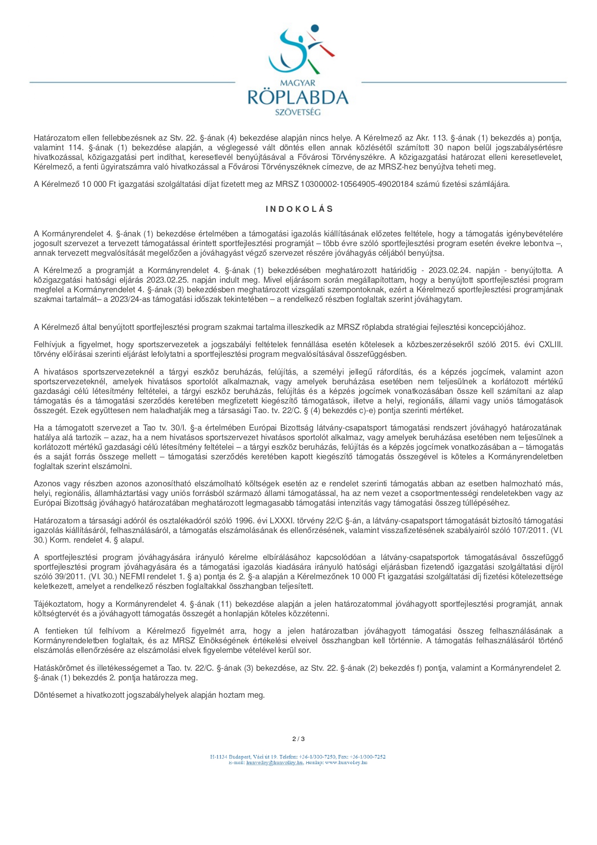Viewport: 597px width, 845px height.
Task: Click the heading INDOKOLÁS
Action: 299,209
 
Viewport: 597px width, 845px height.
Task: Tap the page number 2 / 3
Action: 298,739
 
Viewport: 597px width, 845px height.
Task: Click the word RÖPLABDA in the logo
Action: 298,98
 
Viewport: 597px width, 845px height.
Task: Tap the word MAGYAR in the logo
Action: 298,83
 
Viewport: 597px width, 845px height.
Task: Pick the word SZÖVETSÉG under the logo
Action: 298,112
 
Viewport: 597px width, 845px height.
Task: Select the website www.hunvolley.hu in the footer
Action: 346,763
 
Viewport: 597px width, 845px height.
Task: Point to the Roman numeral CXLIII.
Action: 550,345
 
